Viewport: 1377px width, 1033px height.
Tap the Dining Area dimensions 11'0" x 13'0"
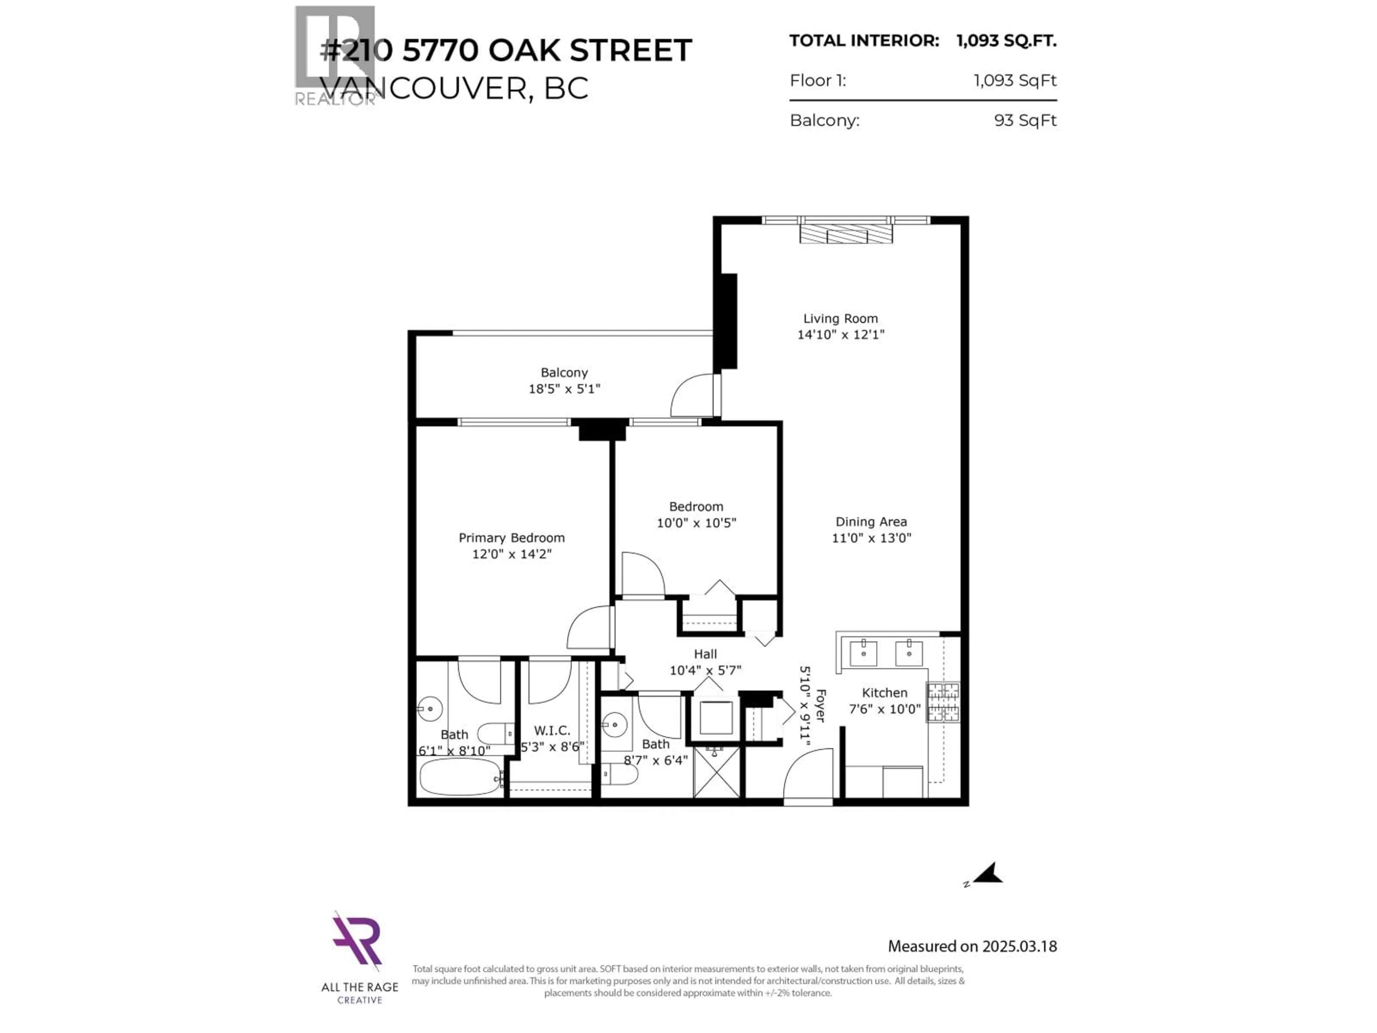click(871, 538)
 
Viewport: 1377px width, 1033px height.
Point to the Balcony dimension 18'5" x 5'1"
click(564, 389)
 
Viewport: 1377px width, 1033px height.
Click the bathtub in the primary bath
click(459, 777)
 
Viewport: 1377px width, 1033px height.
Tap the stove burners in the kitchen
click(943, 702)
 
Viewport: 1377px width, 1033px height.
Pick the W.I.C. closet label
click(552, 730)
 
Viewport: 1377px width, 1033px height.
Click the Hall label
click(705, 654)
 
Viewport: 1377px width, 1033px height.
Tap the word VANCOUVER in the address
click(423, 89)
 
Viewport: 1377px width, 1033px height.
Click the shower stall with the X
click(716, 773)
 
